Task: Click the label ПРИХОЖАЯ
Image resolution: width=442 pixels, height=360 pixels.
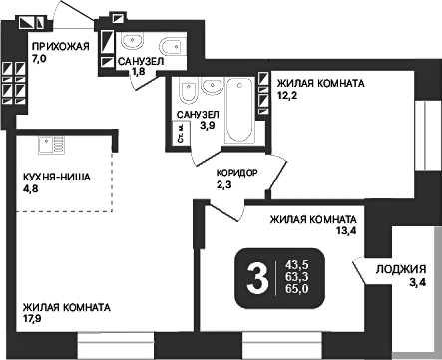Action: pos(60,47)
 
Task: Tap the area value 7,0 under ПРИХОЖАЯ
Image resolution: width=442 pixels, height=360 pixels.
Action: pos(40,60)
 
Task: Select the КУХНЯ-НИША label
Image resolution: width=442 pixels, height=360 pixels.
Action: pos(57,177)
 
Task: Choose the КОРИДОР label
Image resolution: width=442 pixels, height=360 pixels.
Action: pos(237,173)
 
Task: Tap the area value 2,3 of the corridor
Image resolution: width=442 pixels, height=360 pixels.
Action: pos(224,184)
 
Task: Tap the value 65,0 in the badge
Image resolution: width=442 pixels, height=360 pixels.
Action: pos(297,290)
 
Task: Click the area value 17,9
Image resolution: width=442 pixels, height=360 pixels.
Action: pos(33,320)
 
